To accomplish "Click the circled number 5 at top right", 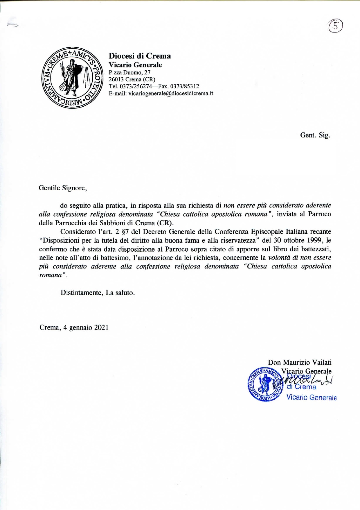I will coord(335,26).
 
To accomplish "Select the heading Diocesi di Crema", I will coord(140,56).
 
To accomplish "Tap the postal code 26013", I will coord(116,79).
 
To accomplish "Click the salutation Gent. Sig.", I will coord(315,135).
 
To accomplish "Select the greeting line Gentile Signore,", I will coord(63,188).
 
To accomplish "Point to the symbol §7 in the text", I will coord(126,232).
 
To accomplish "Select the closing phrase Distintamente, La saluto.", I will coord(98,293).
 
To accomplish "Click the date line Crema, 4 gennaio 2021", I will coord(74,328).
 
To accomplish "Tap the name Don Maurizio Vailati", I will coord(300,362).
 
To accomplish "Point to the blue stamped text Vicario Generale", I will coord(312,397).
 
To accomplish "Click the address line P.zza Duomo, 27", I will coord(129,72).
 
